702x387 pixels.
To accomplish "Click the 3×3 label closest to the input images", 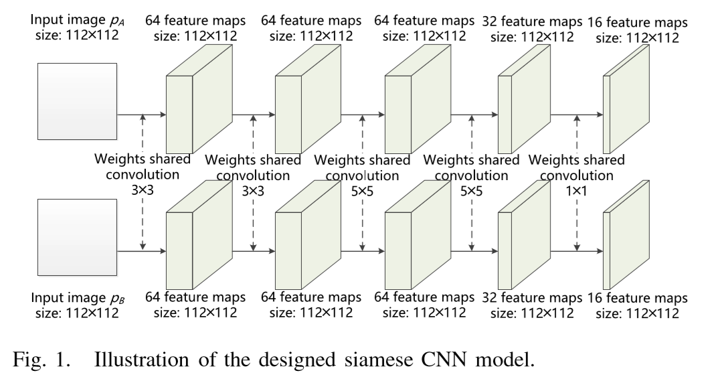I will coord(143,190).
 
